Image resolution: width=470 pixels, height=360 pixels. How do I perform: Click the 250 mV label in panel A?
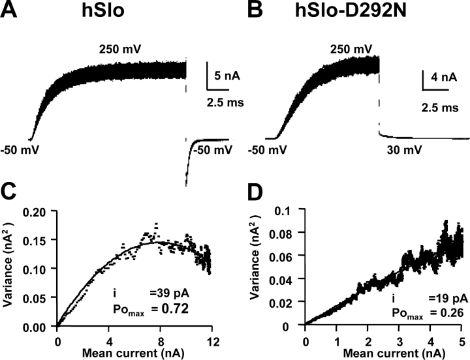120,50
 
